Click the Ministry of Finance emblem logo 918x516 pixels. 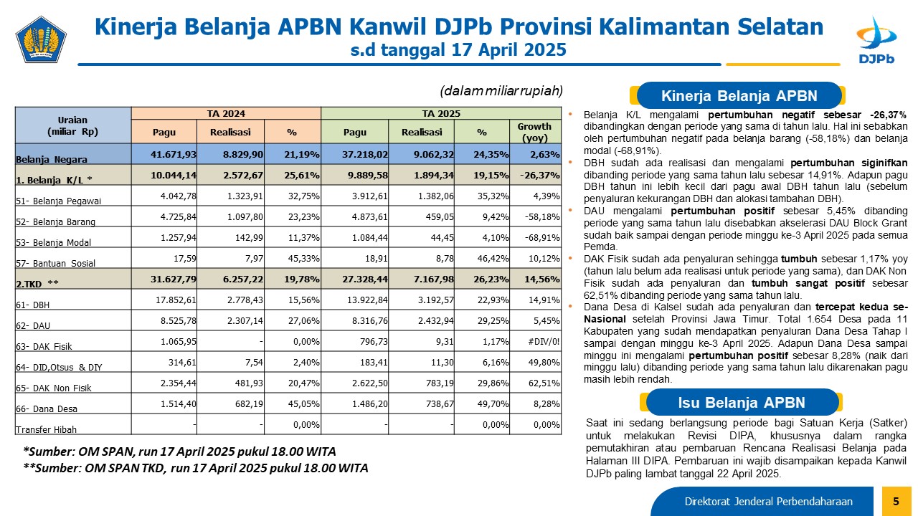pos(41,39)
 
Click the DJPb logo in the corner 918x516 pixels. pos(876,40)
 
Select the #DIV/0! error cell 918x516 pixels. pos(544,342)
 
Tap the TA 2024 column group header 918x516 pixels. pos(226,113)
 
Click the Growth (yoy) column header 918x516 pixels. pos(535,132)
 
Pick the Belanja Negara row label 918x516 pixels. pos(51,159)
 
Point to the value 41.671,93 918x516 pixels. pos(174,154)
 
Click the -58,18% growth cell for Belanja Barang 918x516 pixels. pos(542,216)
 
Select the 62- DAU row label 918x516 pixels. pos(33,325)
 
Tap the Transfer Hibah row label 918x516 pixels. pos(46,429)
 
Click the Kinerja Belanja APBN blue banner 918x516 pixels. pos(739,96)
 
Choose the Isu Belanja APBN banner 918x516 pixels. pos(742,402)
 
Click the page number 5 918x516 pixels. pos(896,501)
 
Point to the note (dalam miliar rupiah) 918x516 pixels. pos(501,90)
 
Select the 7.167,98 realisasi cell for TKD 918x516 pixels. pos(434,279)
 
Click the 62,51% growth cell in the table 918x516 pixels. pos(544,383)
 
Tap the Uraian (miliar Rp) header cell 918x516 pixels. pos(73,125)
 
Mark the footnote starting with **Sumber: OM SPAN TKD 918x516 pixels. pos(196,468)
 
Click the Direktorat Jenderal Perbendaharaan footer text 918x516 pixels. pos(768,501)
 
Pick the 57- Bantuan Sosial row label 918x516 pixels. pos(55,263)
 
